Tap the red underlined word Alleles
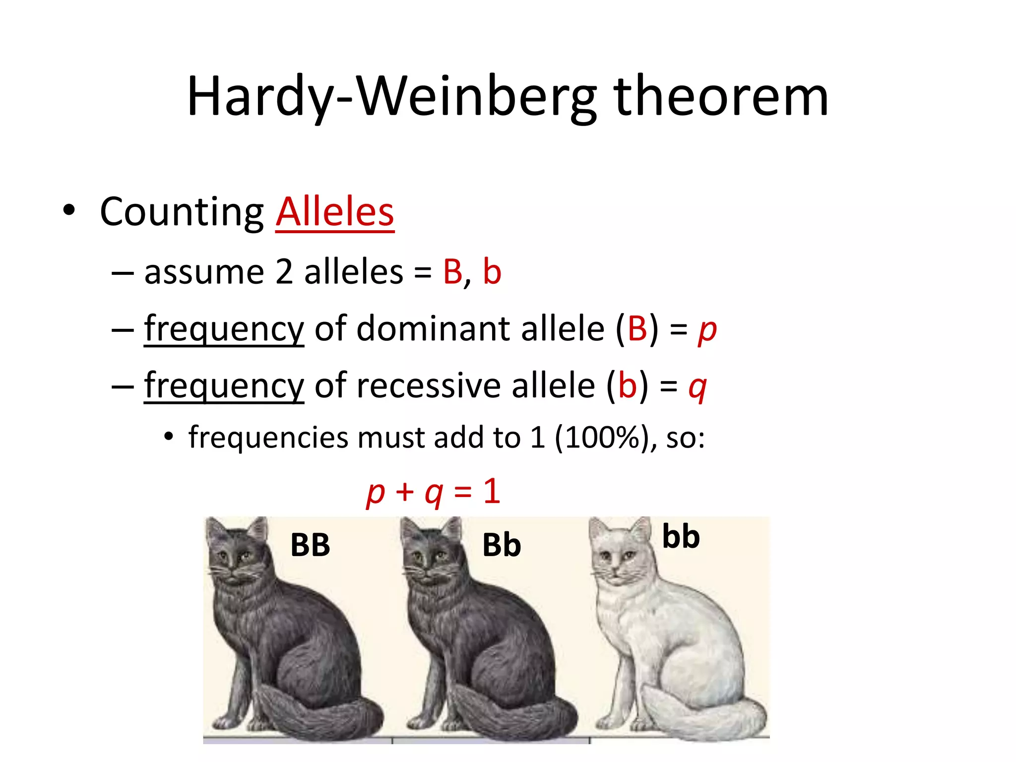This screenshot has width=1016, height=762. [335, 212]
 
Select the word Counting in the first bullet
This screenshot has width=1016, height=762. [182, 212]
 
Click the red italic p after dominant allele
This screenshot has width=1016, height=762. [707, 329]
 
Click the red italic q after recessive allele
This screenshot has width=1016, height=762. [698, 386]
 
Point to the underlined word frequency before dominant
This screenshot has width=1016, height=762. [224, 329]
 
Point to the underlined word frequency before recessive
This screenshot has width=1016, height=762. [224, 386]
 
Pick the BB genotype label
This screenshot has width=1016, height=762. [310, 545]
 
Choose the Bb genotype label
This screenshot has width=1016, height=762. [502, 545]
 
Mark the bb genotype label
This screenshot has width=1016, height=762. [681, 537]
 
